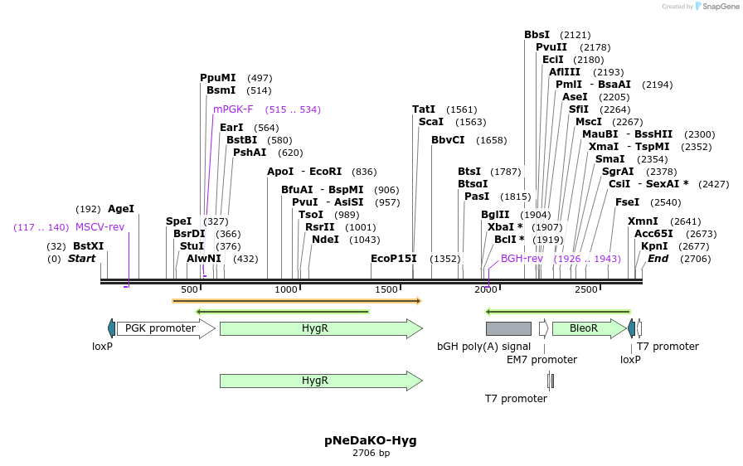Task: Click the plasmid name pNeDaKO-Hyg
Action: click(x=371, y=440)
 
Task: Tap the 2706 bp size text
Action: click(x=371, y=454)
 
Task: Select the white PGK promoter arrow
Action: click(x=166, y=328)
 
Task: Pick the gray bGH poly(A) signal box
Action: click(x=508, y=328)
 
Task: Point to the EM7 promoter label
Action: click(x=541, y=360)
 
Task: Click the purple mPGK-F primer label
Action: click(x=233, y=109)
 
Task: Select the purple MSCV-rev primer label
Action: click(x=100, y=227)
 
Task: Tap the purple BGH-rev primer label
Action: click(x=522, y=259)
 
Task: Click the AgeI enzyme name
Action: click(x=121, y=210)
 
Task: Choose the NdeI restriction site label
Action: click(x=325, y=240)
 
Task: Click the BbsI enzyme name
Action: click(x=537, y=35)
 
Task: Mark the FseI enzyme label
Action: click(x=628, y=202)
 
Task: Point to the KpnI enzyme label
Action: click(x=654, y=246)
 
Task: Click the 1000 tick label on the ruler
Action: click(x=286, y=289)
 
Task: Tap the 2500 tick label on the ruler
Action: click(x=585, y=289)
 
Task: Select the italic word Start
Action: click(x=81, y=259)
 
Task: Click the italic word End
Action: click(x=658, y=259)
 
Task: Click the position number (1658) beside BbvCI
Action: click(x=492, y=140)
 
